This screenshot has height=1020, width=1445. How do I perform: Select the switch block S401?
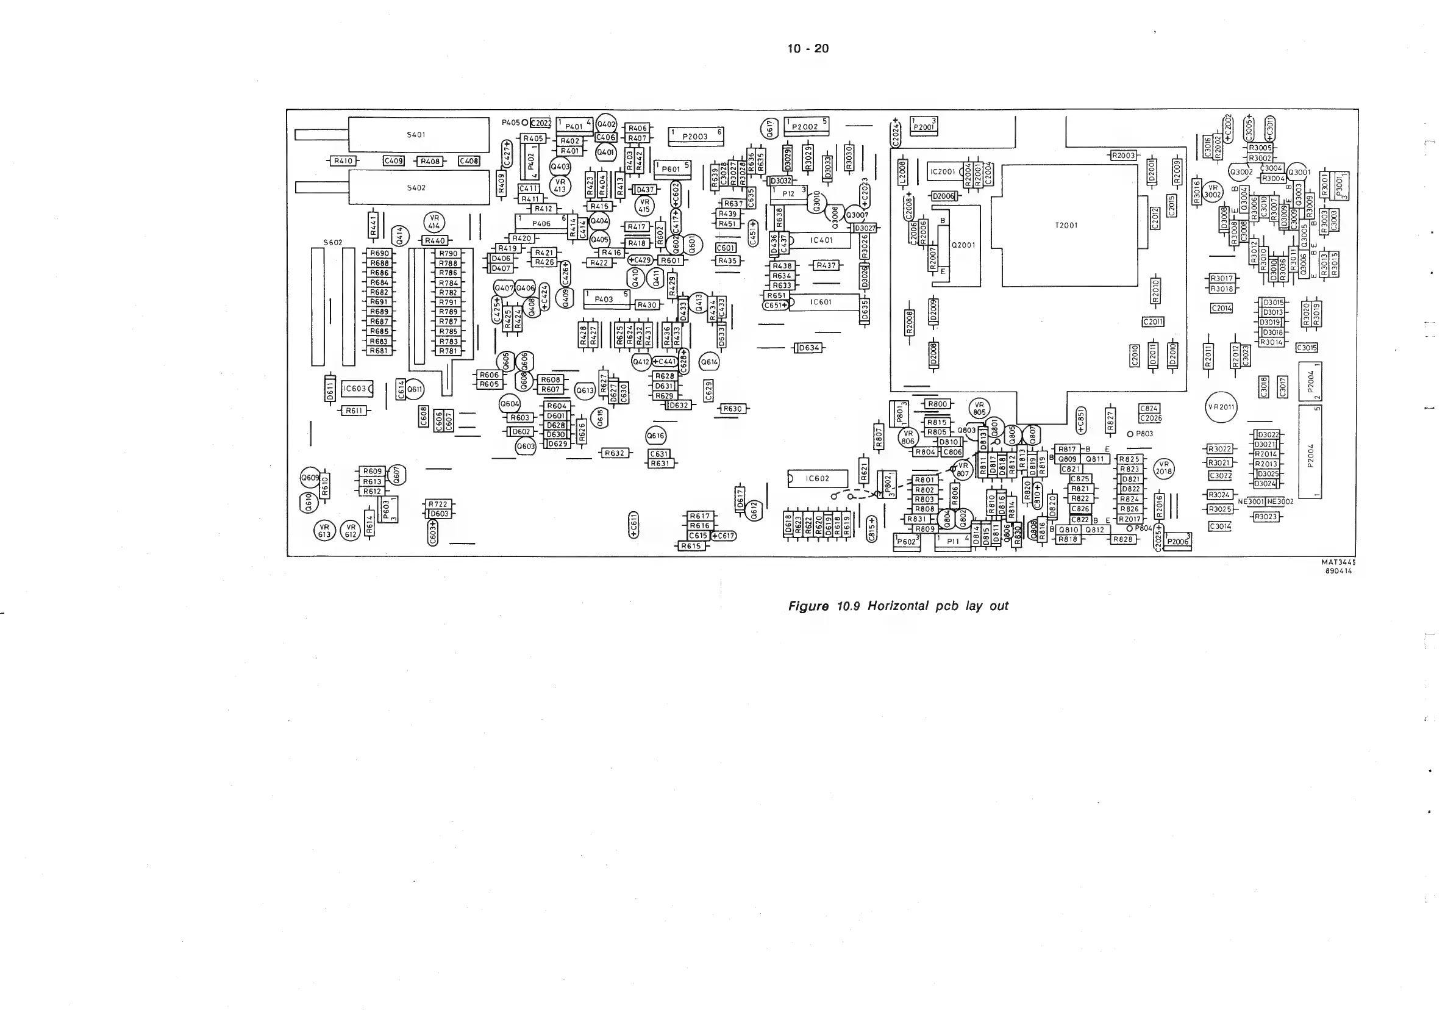416,135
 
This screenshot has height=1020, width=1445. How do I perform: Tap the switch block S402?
416,188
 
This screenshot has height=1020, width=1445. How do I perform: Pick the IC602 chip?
817,478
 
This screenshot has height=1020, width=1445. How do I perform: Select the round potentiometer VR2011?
1221,407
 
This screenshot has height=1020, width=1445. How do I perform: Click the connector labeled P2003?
696,135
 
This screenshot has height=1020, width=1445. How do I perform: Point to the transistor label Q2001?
963,245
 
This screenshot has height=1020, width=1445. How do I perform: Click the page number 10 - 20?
808,48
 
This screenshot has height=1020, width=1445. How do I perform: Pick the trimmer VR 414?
433,222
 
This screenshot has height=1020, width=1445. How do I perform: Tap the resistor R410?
343,161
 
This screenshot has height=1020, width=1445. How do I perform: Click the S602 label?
333,242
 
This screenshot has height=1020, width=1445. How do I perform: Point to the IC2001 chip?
943,171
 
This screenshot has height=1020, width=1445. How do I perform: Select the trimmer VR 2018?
1165,468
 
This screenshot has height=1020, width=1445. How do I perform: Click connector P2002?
806,126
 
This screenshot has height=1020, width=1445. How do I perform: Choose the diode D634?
808,348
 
